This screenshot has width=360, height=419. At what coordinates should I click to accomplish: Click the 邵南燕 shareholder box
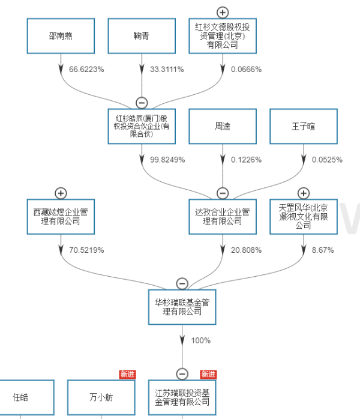coord(61,35)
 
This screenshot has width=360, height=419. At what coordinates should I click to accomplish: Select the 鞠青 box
coord(142,35)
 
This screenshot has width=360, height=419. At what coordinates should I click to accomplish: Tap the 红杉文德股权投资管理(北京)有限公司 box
coord(223,35)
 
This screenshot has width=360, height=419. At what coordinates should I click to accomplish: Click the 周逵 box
coord(223,127)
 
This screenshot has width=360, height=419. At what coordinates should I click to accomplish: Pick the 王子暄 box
coord(304,127)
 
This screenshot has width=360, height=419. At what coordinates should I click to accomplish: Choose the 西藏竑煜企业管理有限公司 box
coord(61,217)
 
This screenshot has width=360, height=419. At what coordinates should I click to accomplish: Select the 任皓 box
coord(21,397)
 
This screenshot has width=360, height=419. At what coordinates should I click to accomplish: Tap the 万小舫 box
coord(101,397)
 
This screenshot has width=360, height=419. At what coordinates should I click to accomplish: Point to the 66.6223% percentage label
coord(86,69)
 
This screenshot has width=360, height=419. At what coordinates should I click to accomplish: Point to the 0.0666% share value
coord(246,69)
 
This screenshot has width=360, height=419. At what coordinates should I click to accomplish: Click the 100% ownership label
coord(200,340)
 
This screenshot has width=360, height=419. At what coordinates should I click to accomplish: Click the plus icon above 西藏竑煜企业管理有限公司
coord(61,193)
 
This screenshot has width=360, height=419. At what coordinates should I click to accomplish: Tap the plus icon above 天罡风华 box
coord(304,193)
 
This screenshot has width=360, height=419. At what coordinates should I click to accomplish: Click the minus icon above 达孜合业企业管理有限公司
coord(223,193)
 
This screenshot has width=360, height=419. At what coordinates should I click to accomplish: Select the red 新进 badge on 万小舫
coord(127,374)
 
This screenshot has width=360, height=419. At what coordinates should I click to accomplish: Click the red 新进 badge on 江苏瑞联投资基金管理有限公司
coord(208,374)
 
